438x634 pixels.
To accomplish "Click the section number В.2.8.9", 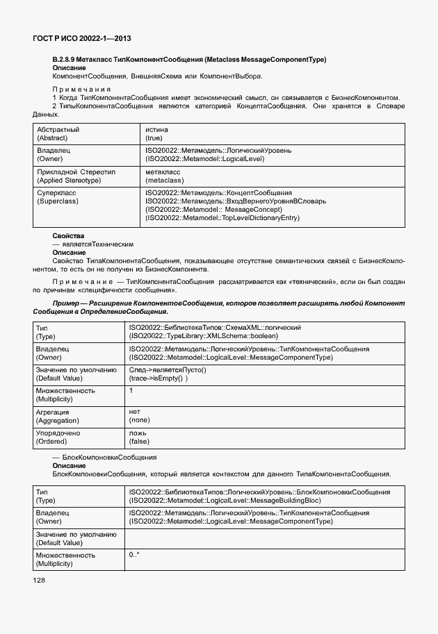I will click(x=68, y=60).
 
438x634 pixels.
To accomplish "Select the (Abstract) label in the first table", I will click(x=53, y=138).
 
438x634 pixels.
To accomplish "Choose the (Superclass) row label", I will click(x=57, y=201).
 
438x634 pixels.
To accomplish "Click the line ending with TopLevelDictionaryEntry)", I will click(x=222, y=218).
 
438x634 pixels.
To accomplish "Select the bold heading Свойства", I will click(x=68, y=236).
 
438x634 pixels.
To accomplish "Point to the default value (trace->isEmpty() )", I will click(x=159, y=378).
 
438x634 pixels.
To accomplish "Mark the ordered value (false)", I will click(x=139, y=442).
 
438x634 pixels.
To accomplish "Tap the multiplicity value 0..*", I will click(x=134, y=555).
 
